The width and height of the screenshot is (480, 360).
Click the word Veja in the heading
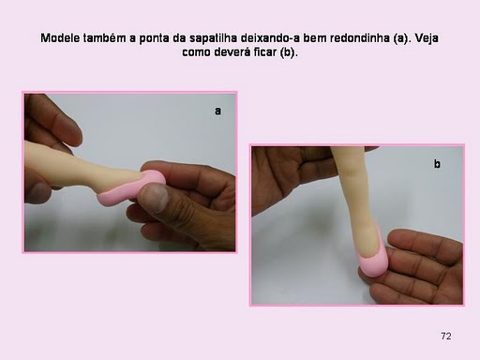(427, 38)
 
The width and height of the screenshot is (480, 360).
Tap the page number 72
(446, 336)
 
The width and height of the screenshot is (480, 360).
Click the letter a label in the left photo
(217, 111)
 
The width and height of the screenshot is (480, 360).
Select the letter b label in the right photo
(437, 163)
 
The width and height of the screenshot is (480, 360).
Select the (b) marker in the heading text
(289, 52)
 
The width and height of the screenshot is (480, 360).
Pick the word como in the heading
(197, 52)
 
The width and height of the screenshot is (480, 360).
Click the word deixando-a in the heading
(270, 38)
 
